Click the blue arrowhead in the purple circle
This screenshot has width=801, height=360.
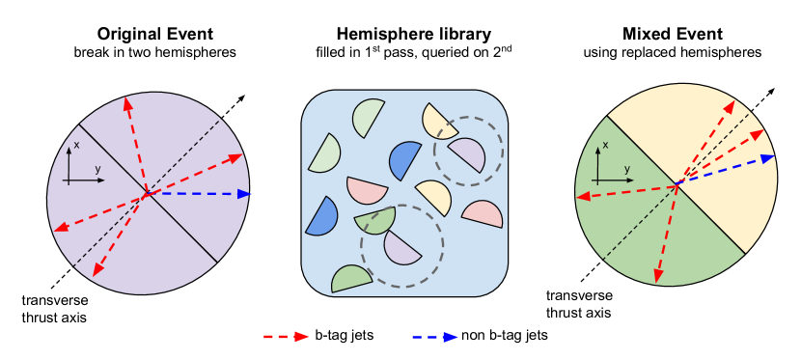[x=244, y=194]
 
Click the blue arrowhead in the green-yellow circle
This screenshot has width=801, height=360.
[x=768, y=158]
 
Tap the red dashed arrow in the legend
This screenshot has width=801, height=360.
[x=287, y=337]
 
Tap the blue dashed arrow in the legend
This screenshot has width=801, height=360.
[x=435, y=337]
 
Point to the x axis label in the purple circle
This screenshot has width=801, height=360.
[x=76, y=145]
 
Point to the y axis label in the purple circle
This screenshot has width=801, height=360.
[x=97, y=170]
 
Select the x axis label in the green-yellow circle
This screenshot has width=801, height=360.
[x=605, y=146]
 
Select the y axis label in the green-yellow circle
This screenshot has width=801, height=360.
[x=626, y=170]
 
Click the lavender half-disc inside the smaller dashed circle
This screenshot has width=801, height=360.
[x=468, y=154]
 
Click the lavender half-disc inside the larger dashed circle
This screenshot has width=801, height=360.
[x=401, y=247]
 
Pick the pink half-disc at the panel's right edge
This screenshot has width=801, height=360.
[x=484, y=213]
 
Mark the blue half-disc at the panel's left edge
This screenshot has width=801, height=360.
[x=322, y=218]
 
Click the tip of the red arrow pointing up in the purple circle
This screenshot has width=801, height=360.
[x=125, y=98]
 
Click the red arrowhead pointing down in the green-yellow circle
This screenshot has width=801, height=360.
[x=657, y=277]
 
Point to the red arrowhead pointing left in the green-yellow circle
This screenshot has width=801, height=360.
[x=582, y=198]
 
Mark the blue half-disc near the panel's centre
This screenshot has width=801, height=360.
[x=404, y=160]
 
